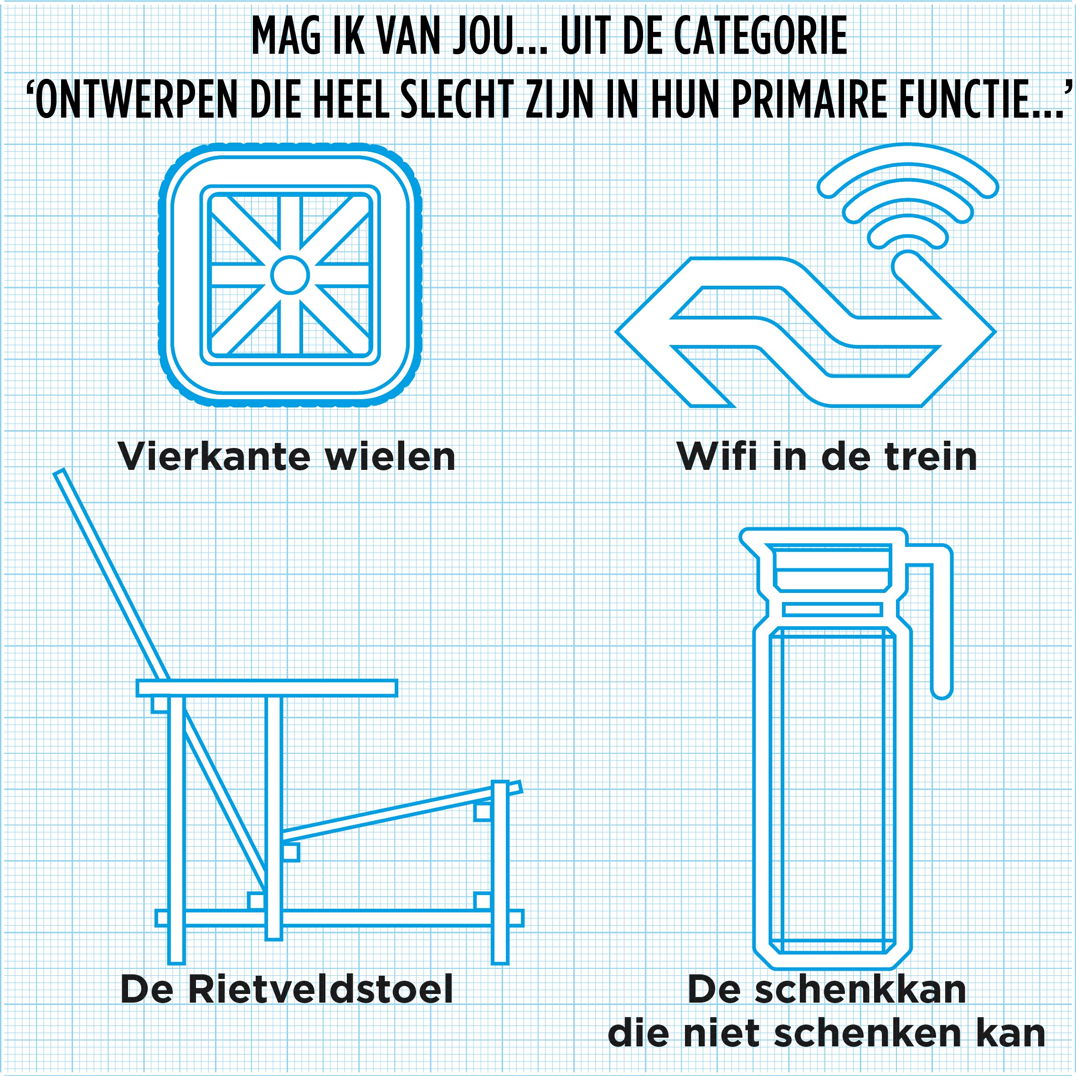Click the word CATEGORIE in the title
coord(760,36)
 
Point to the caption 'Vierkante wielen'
coord(288,457)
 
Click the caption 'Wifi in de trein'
coord(827,457)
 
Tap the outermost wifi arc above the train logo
coord(908,153)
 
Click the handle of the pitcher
coord(943,613)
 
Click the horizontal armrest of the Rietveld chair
coord(268,688)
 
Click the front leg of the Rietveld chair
coord(500,873)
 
